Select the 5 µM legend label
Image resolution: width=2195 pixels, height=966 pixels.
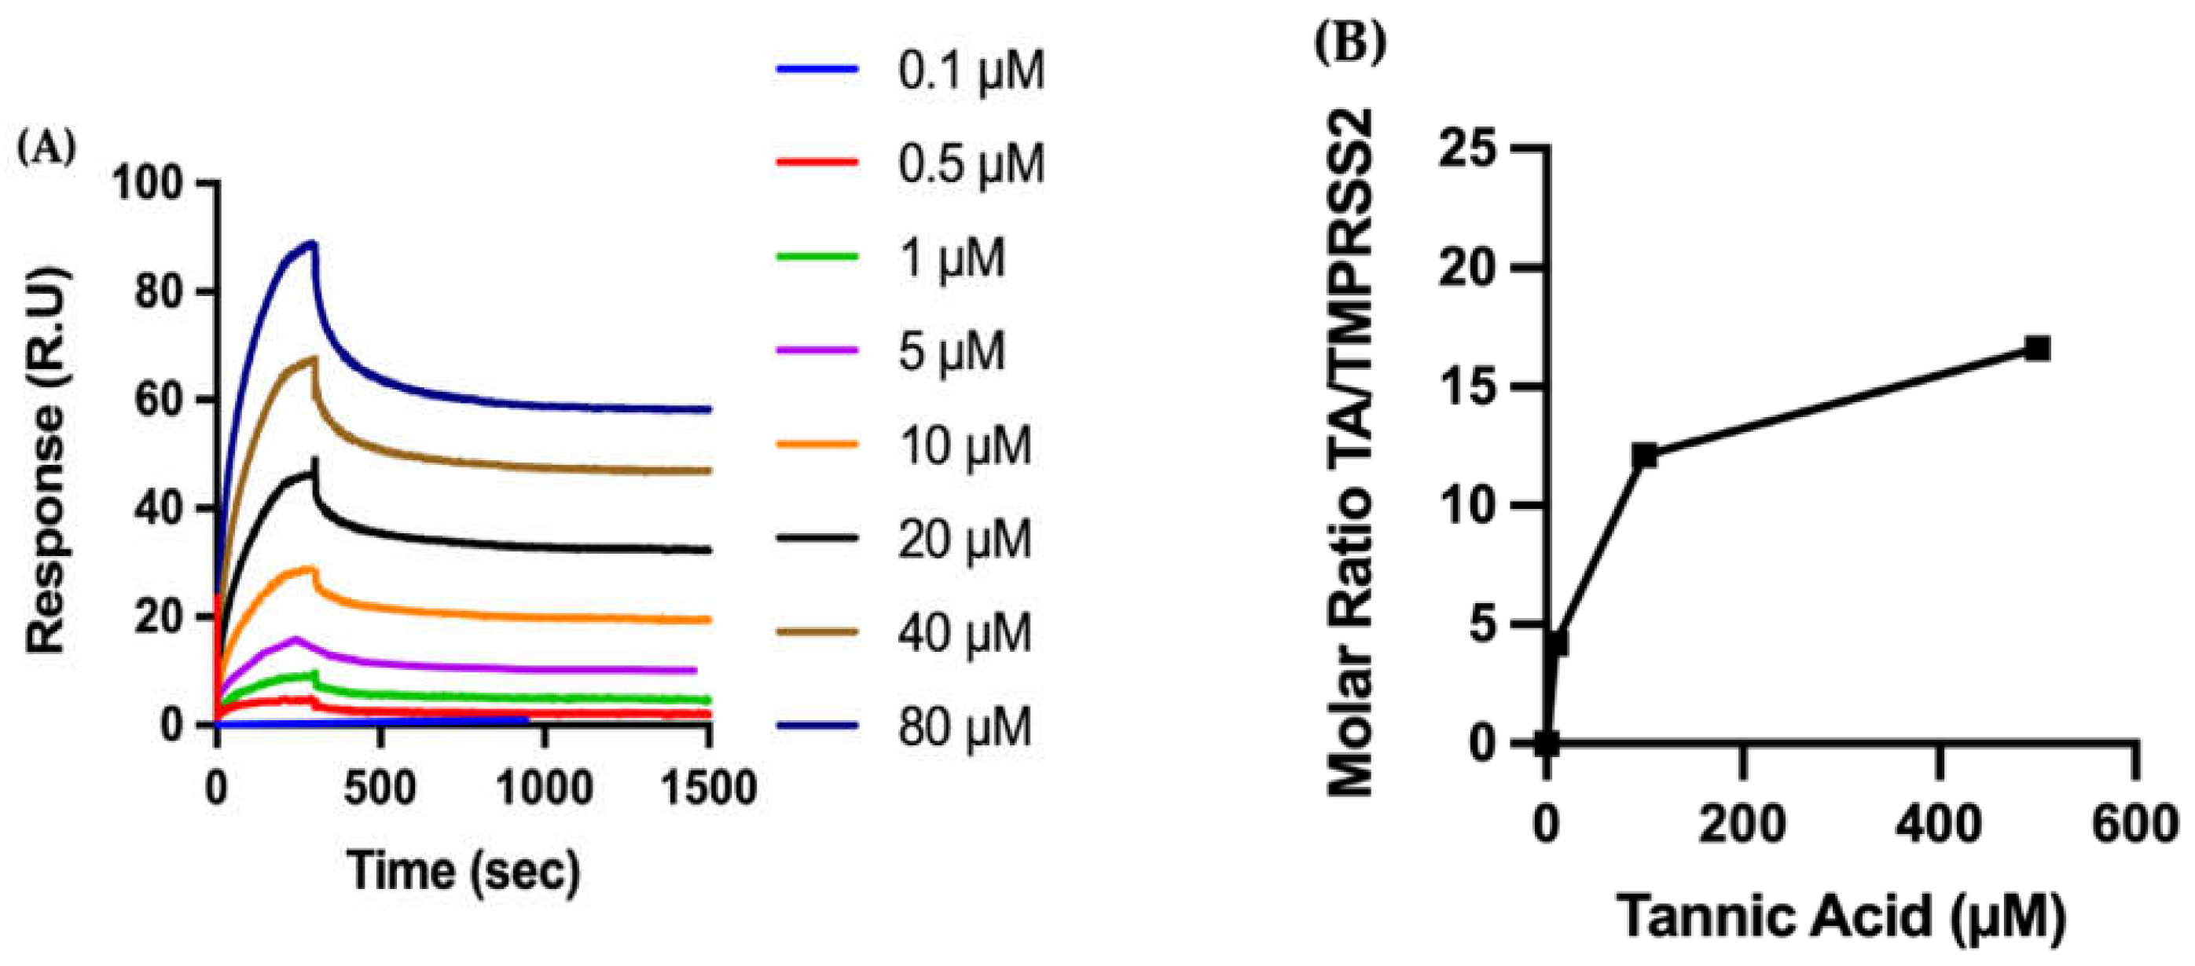click(951, 352)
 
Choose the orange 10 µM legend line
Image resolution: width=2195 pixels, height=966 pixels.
click(817, 444)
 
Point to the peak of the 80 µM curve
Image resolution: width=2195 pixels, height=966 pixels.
click(314, 243)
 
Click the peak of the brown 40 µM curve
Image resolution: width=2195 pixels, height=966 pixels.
click(314, 358)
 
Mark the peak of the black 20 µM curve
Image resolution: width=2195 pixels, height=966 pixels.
click(316, 460)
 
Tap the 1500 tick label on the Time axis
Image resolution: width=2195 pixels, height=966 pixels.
click(708, 788)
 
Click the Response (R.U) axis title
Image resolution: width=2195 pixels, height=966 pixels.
click(46, 461)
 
